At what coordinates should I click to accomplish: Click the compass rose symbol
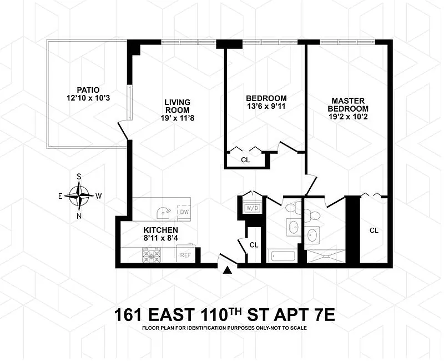click(79, 196)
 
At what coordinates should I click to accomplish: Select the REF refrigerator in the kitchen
click(185, 254)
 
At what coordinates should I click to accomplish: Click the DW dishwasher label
click(184, 212)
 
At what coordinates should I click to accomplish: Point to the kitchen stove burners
click(151, 255)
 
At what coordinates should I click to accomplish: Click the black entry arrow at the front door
click(227, 270)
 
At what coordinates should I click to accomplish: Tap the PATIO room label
click(88, 90)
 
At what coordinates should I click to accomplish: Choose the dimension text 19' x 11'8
click(178, 118)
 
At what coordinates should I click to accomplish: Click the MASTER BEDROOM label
click(348, 105)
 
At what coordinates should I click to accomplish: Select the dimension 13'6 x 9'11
click(266, 106)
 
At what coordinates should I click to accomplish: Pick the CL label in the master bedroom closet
click(374, 230)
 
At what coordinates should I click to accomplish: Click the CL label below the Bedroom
click(245, 160)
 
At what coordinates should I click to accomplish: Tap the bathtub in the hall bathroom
click(283, 255)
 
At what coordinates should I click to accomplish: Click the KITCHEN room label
click(160, 230)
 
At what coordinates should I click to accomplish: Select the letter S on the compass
click(79, 177)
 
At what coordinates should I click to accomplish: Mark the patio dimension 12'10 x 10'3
click(88, 98)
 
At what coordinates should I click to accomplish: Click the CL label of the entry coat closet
click(254, 245)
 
